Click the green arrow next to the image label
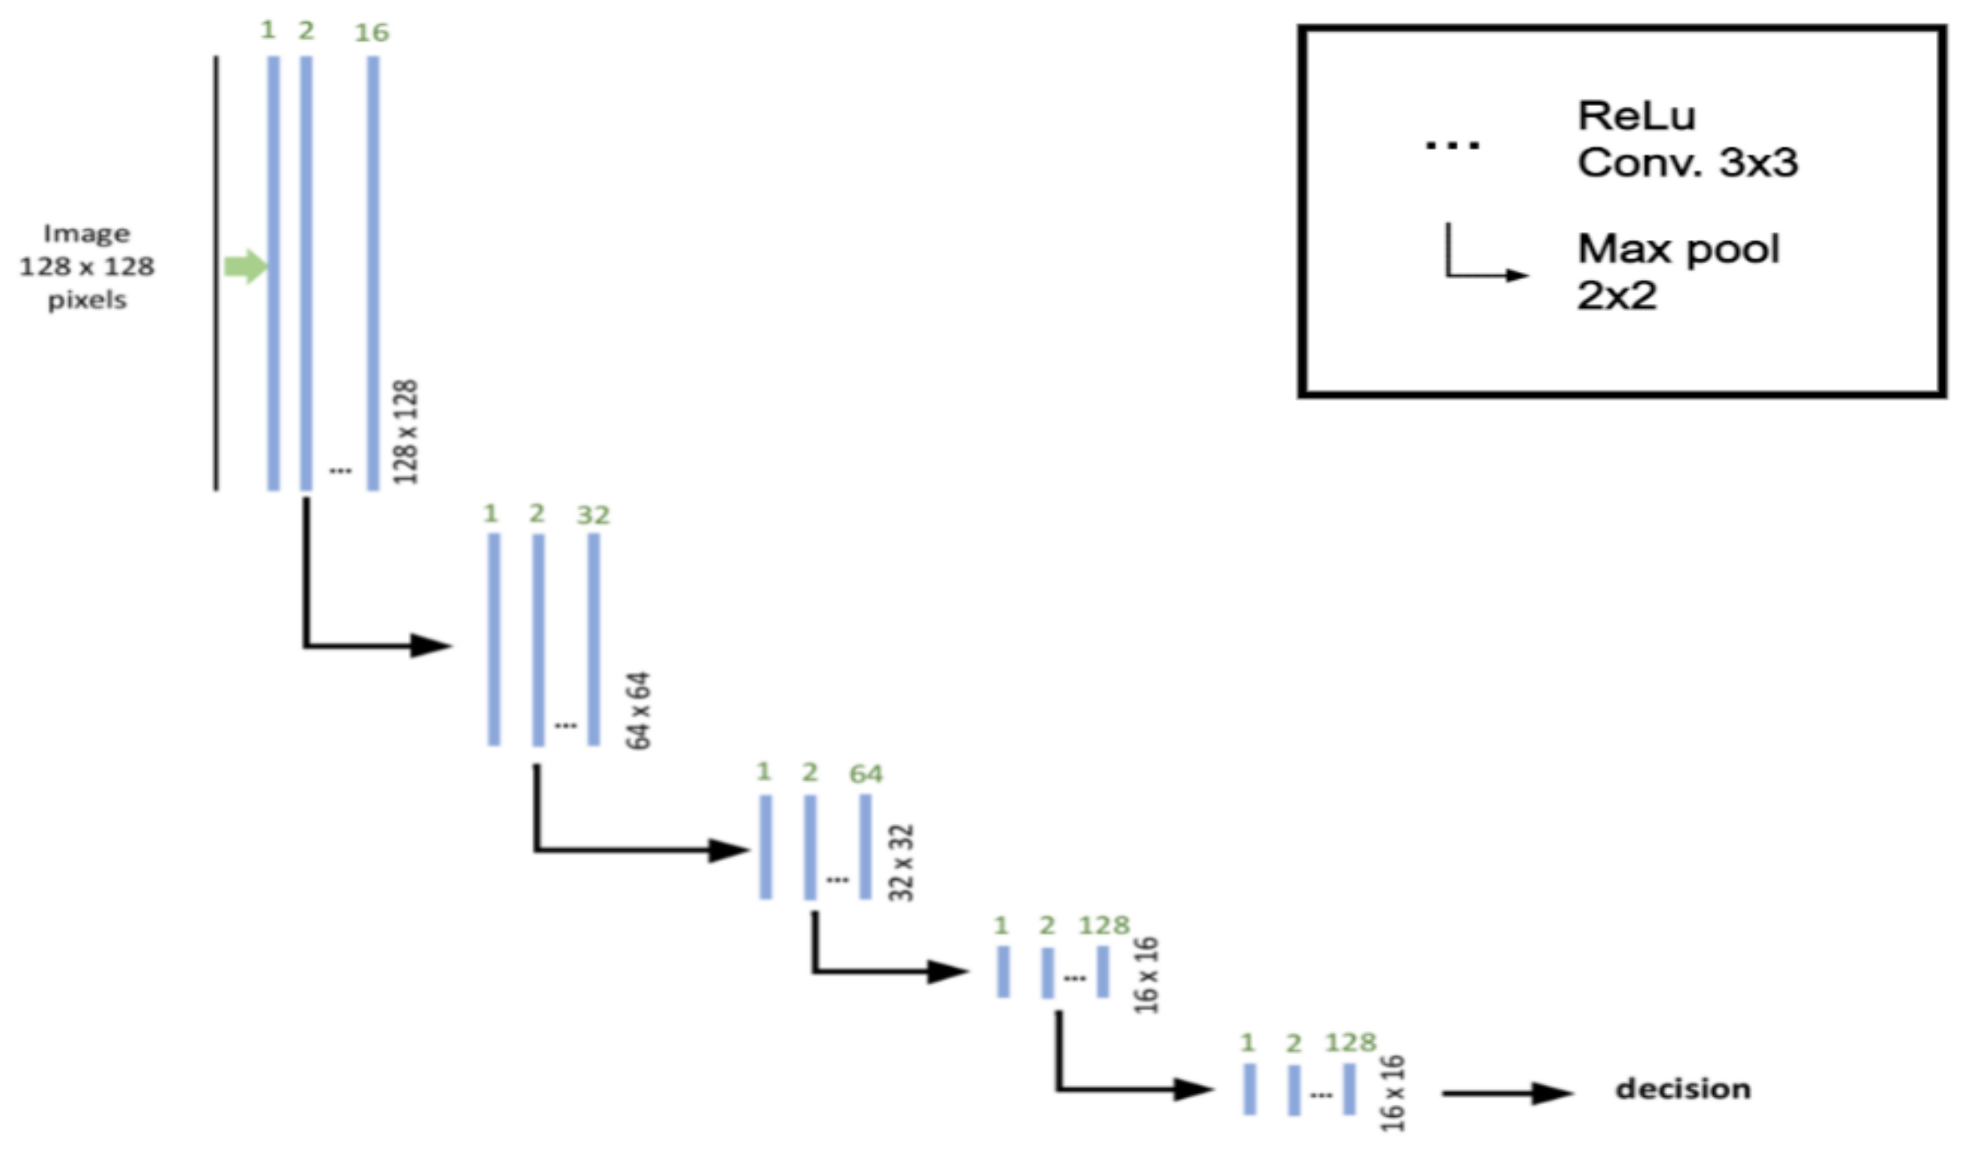coord(245,266)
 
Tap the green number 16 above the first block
coord(372,33)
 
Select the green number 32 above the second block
coord(593,515)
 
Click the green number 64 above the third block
coord(865,774)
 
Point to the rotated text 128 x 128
coord(406,432)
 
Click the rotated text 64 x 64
coord(639,711)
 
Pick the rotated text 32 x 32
coord(901,863)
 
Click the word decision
coord(1683,1089)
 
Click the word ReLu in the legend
coord(1637,116)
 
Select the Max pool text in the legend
coord(1678,249)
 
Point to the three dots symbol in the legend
coord(1452,145)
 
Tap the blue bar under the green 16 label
coord(373,273)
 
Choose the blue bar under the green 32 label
coord(594,639)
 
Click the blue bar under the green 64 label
coord(865,846)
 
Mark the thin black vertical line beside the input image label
coord(216,273)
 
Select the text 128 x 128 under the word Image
coord(87,266)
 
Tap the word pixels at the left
coord(87,300)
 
